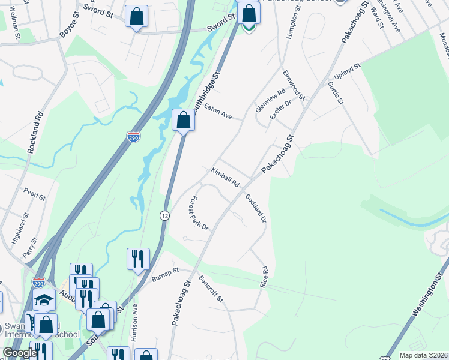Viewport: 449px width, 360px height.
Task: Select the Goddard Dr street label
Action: pos(255,208)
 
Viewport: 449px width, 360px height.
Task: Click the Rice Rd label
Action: pos(264,277)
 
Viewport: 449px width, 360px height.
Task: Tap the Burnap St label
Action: pos(165,275)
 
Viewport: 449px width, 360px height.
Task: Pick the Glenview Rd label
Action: pos(270,100)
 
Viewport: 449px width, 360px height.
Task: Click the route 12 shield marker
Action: pos(164,215)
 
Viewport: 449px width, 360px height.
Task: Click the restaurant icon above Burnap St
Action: pos(138,259)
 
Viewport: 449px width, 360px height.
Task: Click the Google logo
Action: pos(20,353)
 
